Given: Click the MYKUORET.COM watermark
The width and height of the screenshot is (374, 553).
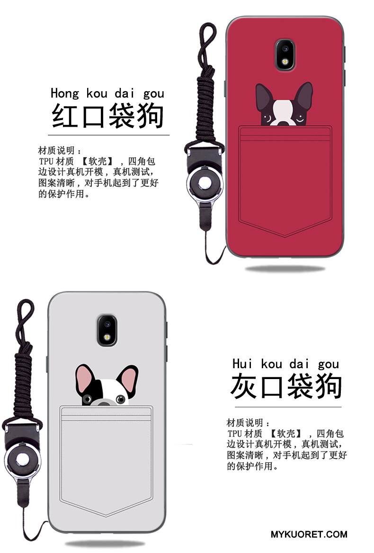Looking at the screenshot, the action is pyautogui.click(x=309, y=534).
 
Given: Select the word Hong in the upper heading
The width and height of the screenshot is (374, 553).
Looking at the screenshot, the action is pyautogui.click(x=65, y=93).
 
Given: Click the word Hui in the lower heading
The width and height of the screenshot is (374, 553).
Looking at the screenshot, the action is pyautogui.click(x=242, y=363).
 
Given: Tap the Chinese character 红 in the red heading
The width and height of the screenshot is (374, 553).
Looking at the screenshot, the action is pyautogui.click(x=65, y=116).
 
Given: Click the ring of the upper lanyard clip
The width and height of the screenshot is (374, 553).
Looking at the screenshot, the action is pyautogui.click(x=205, y=183).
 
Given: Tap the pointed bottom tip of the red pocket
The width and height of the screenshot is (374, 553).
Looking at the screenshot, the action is pyautogui.click(x=285, y=237).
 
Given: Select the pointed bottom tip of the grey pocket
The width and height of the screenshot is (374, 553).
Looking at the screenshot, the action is pyautogui.click(x=106, y=516).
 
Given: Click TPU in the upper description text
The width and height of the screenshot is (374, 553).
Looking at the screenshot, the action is pyautogui.click(x=46, y=162).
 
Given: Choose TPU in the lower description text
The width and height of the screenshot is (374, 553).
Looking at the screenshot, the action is pyautogui.click(x=234, y=433).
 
